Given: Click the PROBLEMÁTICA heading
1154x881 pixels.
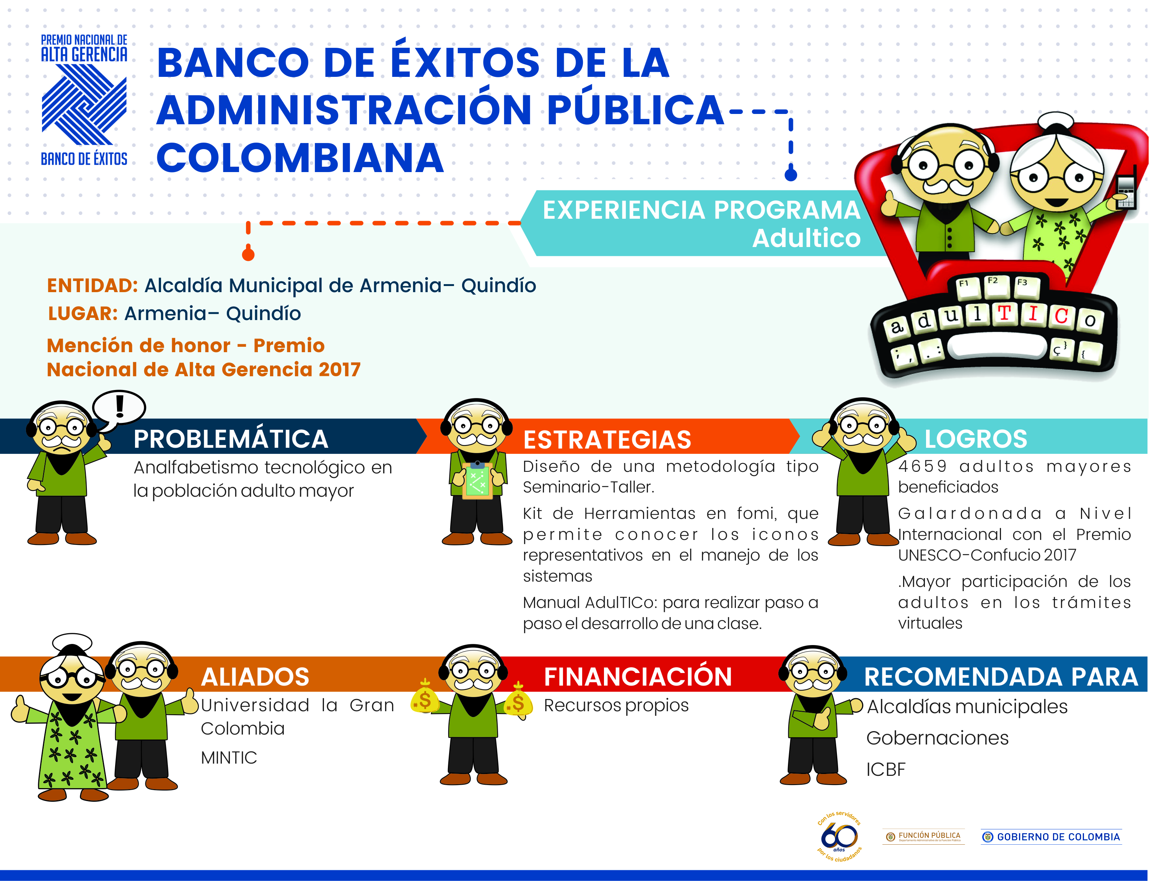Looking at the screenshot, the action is pyautogui.click(x=231, y=439).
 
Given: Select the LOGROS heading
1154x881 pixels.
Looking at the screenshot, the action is pyautogui.click(x=976, y=439).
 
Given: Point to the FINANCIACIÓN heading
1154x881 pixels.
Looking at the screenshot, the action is pyautogui.click(x=638, y=676).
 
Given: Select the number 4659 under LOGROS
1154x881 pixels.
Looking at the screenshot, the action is pyautogui.click(x=923, y=466).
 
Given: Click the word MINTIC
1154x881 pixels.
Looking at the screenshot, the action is pyautogui.click(x=229, y=758).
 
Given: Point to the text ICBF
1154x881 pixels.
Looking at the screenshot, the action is pyautogui.click(x=886, y=770).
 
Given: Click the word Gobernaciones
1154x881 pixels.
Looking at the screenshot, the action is pyautogui.click(x=938, y=738).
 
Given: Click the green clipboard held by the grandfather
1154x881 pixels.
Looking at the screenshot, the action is pyautogui.click(x=477, y=480).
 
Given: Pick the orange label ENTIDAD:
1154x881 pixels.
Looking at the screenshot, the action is pyautogui.click(x=92, y=286).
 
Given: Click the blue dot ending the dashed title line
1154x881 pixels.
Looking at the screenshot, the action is pyautogui.click(x=791, y=174).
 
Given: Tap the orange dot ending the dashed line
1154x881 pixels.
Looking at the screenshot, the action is pyautogui.click(x=248, y=254).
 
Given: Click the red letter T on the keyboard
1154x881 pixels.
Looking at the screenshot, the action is pyautogui.click(x=1004, y=314).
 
